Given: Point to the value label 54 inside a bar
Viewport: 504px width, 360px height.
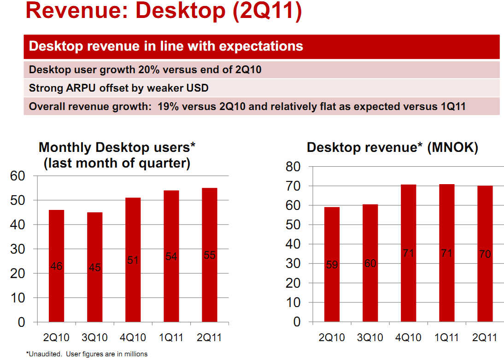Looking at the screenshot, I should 171,257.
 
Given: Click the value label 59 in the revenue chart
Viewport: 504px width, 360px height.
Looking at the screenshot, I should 332,265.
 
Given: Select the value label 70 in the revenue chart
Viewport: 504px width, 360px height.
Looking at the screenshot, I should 485,254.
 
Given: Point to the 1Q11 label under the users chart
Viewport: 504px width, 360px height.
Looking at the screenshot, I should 171,338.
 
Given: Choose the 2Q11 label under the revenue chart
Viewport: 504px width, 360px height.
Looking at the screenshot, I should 485,338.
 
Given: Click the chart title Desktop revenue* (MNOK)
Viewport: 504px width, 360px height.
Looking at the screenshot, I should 393,147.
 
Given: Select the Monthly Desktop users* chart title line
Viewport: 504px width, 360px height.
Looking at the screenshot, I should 117,147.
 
